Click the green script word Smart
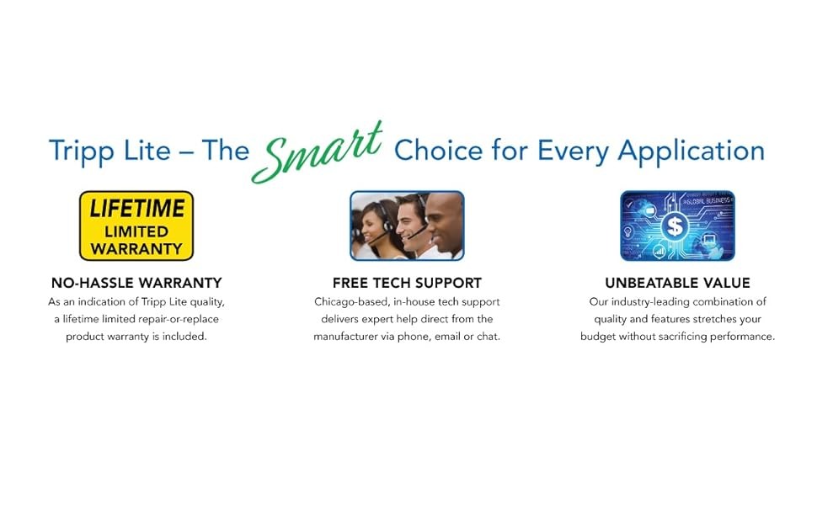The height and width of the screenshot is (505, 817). (x=318, y=152)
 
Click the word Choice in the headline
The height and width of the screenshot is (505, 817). (x=439, y=151)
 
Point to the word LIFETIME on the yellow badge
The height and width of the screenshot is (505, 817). (x=137, y=209)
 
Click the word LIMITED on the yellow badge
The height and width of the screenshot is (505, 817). (x=136, y=231)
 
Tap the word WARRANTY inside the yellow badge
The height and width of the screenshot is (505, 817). (x=136, y=249)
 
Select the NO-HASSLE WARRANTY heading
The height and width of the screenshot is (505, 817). (x=136, y=283)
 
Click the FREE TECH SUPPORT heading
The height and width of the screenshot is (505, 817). (x=407, y=283)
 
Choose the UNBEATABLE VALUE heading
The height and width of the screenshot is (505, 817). (x=677, y=283)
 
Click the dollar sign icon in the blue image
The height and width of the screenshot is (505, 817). (x=675, y=226)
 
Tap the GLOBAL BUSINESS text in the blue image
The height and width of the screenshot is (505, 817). (x=707, y=200)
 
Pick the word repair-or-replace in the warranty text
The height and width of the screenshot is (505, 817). (x=179, y=319)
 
